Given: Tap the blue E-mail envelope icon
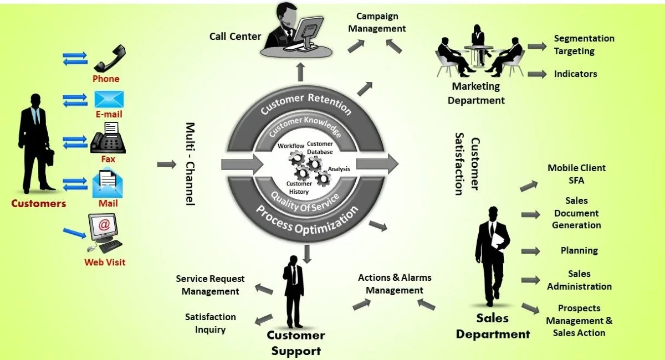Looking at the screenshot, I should coord(109,99).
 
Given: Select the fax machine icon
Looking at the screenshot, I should coord(108,138).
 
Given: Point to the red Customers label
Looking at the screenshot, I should coord(38,203).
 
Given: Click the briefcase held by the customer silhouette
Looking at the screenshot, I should coord(49,157).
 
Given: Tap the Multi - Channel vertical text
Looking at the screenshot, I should coord(190,164).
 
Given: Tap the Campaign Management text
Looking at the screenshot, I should coord(377,22).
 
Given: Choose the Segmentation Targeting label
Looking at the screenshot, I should coord(584,45).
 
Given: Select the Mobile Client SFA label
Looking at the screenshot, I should coord(576,174).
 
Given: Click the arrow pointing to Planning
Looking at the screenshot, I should coord(530,251).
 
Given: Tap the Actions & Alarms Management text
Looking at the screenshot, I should coord(394,284).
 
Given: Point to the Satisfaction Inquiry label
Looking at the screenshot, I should coord(210,323).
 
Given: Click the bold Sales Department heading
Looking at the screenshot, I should coord(493,326).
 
